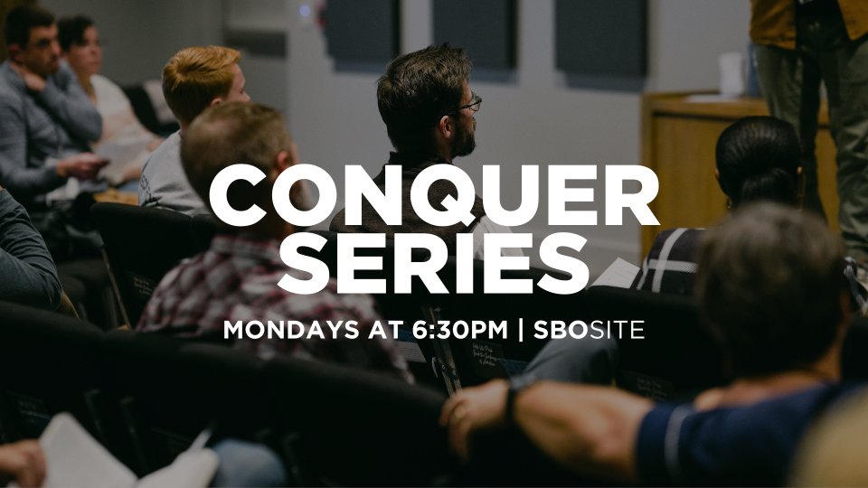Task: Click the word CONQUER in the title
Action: click(434, 195)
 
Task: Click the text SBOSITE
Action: click(589, 330)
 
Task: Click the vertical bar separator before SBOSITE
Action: click(521, 330)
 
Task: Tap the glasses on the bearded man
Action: click(468, 104)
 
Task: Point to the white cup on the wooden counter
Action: click(731, 74)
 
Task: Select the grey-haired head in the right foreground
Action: click(770, 287)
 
